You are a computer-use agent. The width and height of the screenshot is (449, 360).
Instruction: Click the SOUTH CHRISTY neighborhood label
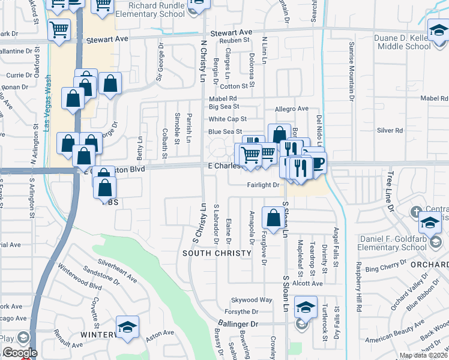click(217, 253)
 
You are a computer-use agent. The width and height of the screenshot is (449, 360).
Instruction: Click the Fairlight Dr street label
click(263, 185)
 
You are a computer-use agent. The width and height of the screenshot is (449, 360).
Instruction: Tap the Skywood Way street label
click(252, 299)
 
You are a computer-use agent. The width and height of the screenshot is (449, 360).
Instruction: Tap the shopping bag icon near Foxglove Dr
click(274, 218)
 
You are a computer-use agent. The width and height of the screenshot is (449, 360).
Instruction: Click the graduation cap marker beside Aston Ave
click(127, 328)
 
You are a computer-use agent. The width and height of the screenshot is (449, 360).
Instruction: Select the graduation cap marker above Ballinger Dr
click(306, 309)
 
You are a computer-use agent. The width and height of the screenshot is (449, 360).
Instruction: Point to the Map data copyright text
click(423, 355)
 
